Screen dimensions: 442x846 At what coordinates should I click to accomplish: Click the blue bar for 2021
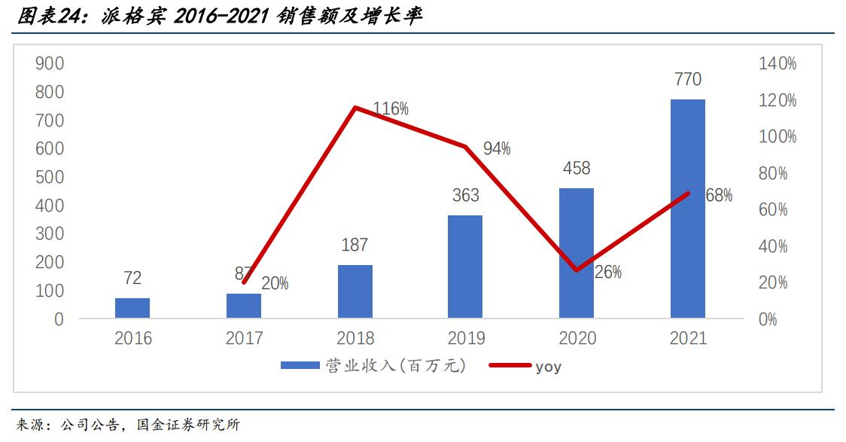pyautogui.click(x=688, y=209)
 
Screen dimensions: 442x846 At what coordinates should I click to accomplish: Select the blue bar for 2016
pyautogui.click(x=132, y=308)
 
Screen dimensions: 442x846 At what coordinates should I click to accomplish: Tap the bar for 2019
pyautogui.click(x=465, y=267)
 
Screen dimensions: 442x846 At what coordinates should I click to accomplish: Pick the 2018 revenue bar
pyautogui.click(x=355, y=291)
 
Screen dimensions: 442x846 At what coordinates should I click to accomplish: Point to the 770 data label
pyautogui.click(x=688, y=79)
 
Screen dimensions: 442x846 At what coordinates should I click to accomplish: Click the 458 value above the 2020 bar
pyautogui.click(x=577, y=168)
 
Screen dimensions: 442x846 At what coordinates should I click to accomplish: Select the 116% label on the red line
pyautogui.click(x=391, y=109)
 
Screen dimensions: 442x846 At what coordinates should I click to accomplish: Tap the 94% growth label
pyautogui.click(x=497, y=149)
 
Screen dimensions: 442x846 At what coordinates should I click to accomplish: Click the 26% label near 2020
pyautogui.click(x=608, y=273)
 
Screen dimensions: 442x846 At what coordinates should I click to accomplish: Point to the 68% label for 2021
pyautogui.click(x=719, y=196)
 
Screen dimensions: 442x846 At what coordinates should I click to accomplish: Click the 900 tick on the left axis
pyautogui.click(x=49, y=63)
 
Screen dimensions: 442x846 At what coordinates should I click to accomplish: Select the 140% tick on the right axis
pyautogui.click(x=778, y=64)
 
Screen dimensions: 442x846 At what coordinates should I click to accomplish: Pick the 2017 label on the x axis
pyautogui.click(x=244, y=338)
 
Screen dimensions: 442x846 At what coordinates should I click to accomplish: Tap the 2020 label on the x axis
pyautogui.click(x=577, y=338)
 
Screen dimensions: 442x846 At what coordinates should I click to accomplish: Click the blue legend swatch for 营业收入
pyautogui.click(x=300, y=366)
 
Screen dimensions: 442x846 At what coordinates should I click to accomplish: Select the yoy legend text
pyautogui.click(x=548, y=367)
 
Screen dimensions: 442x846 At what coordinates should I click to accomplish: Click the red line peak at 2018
pyautogui.click(x=355, y=108)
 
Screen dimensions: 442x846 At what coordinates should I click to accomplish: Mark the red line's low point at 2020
pyautogui.click(x=577, y=270)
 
